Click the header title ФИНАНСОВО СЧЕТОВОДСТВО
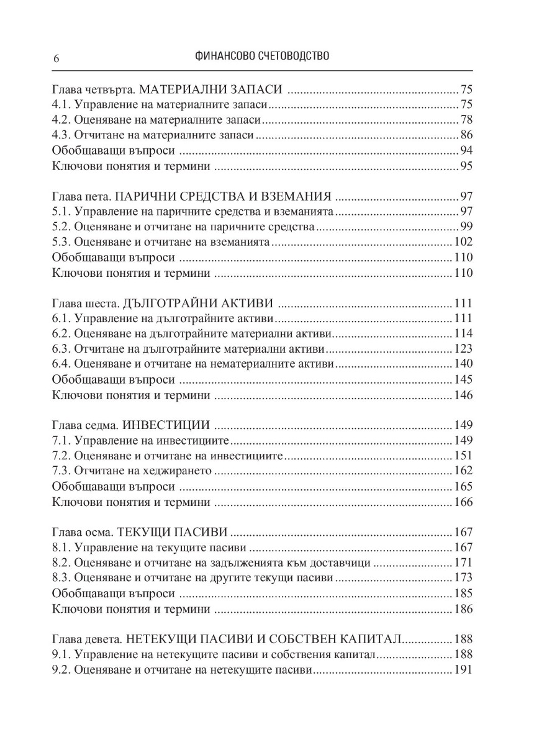(261, 56)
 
